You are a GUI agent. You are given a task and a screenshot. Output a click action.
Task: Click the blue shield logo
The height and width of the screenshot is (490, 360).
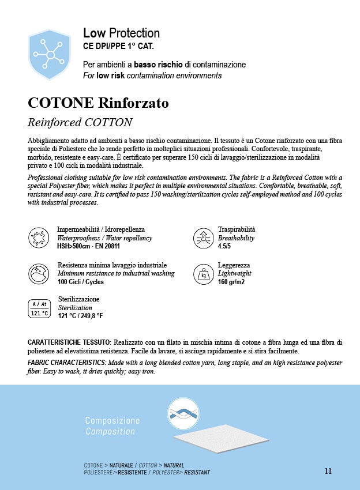tap(51, 55)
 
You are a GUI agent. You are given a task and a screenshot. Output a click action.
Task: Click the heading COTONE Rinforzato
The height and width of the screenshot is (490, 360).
tap(98, 103)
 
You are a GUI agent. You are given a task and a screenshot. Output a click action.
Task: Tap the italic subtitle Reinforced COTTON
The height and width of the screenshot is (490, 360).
tap(80, 122)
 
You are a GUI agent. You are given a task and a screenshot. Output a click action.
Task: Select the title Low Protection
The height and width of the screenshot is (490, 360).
tap(121, 33)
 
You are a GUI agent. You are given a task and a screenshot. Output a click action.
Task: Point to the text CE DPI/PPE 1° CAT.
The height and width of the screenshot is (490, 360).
tap(118, 46)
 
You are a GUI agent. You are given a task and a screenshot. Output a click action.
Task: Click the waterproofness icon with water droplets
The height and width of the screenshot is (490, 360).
tap(37, 238)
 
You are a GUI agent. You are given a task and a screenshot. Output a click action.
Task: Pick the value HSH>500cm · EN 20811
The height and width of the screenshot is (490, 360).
tap(88, 246)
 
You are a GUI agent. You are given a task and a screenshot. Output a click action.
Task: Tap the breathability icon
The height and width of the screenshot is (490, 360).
tap(202, 238)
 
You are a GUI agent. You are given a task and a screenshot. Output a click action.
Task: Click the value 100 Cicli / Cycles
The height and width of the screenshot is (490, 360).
tap(80, 282)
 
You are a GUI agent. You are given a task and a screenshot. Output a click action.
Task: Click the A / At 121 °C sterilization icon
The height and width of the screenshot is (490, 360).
tap(39, 308)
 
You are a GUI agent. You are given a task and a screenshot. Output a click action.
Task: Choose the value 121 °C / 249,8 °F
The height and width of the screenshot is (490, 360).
tap(80, 316)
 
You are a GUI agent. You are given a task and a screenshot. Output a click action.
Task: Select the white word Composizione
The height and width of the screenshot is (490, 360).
tap(112, 421)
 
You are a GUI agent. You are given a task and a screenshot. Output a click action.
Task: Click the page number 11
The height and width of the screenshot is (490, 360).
tap(328, 471)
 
